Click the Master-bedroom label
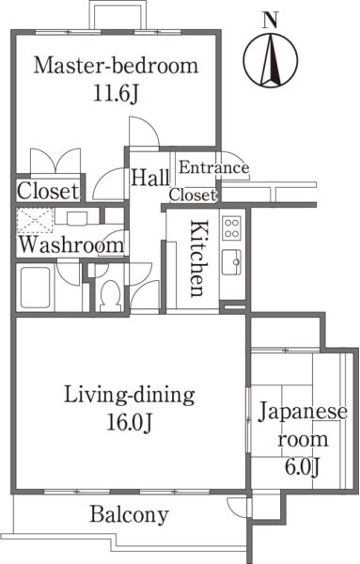click(116, 66)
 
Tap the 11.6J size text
click(116, 94)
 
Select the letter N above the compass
click(271, 20)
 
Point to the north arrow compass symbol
click(271, 60)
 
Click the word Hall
click(150, 178)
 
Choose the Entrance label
click(214, 167)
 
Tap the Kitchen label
click(199, 258)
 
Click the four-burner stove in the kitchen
click(231, 228)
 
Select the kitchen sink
click(231, 262)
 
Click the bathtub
click(35, 288)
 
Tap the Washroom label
click(71, 244)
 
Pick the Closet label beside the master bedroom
click(48, 191)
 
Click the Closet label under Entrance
click(193, 195)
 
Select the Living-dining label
click(130, 396)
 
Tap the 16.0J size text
click(130, 423)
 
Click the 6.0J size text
click(302, 467)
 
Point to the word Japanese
click(303, 413)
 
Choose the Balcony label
click(130, 515)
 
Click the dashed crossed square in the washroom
click(35, 220)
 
